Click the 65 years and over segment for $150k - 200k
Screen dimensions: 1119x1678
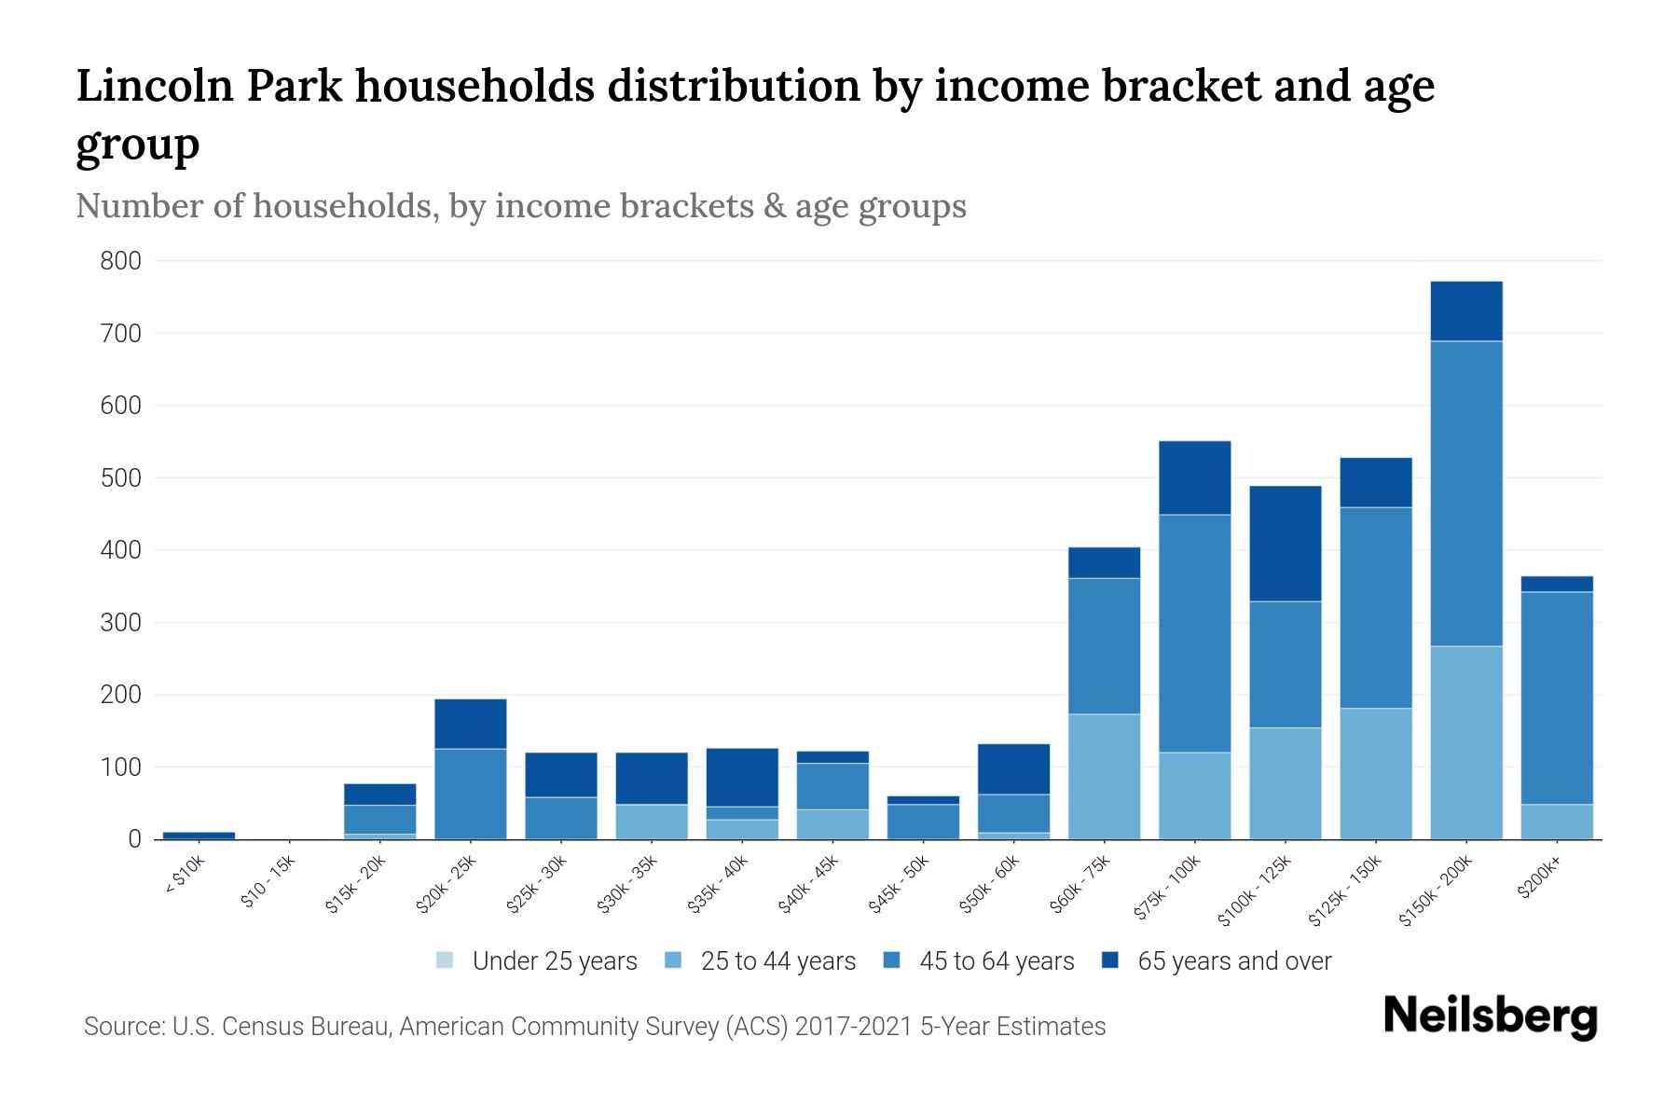click(x=1465, y=311)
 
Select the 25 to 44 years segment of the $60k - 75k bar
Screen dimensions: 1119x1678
click(x=1104, y=776)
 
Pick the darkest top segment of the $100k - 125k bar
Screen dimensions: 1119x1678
click(x=1285, y=543)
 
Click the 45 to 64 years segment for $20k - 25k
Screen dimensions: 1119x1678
click(x=470, y=793)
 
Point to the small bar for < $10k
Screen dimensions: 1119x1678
click(x=199, y=835)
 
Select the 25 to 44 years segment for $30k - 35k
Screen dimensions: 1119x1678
click(x=651, y=821)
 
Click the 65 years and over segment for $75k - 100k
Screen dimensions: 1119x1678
click(x=1194, y=477)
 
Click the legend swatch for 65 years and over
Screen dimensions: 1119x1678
click(x=1110, y=960)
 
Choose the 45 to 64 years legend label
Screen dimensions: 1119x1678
click(x=996, y=960)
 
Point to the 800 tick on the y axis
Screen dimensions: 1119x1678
click(x=121, y=261)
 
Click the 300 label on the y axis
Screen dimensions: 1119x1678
click(x=121, y=622)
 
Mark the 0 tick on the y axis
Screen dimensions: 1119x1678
click(x=135, y=839)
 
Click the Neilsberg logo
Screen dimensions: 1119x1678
click(x=1490, y=1016)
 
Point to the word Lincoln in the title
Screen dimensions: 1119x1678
click(x=153, y=86)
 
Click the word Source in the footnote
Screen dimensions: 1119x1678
click(x=123, y=1027)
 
